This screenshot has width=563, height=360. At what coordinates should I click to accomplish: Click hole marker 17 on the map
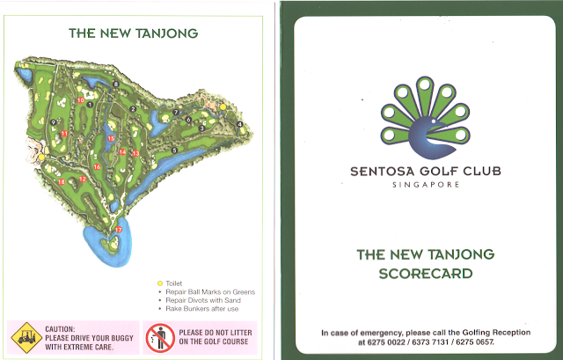point(120,230)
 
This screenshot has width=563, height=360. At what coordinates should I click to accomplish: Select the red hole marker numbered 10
point(80,100)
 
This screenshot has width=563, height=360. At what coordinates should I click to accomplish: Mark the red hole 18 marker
point(61,182)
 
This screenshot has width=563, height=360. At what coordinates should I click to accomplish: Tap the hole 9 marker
point(55,122)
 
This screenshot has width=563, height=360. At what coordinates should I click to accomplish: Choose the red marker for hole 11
point(64,133)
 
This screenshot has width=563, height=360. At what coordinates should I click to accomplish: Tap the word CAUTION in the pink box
point(62,327)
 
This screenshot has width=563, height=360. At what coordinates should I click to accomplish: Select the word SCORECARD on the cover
point(425,273)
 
